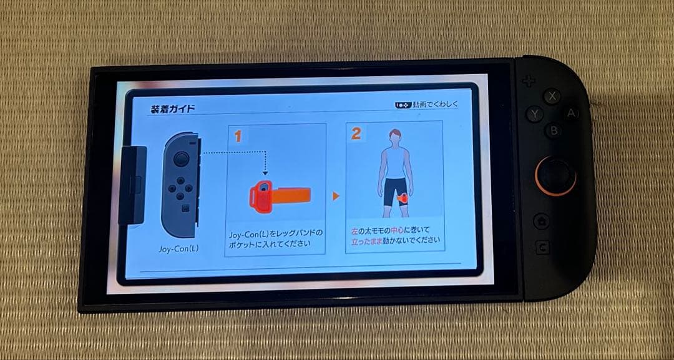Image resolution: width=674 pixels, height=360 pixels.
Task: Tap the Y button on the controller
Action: pyautogui.click(x=535, y=114)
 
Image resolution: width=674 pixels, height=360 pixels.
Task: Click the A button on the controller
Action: pyautogui.click(x=570, y=114)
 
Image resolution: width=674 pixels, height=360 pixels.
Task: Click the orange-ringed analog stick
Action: pyautogui.click(x=554, y=175)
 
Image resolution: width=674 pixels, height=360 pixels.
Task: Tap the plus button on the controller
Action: pyautogui.click(x=529, y=81)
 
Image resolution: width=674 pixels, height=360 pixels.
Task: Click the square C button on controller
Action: pyautogui.click(x=542, y=248)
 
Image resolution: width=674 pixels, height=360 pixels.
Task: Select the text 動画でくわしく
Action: pyautogui.click(x=435, y=104)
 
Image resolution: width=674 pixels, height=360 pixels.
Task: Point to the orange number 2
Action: pyautogui.click(x=356, y=134)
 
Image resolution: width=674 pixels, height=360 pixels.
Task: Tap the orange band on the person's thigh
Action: pyautogui.click(x=403, y=199)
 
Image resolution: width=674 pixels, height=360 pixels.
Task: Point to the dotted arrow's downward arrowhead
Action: pyautogui.click(x=264, y=173)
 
